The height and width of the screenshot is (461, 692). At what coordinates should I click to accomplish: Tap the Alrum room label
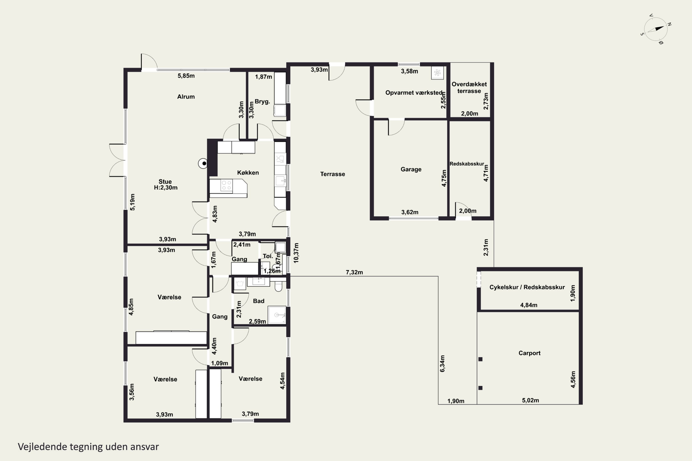click(186, 97)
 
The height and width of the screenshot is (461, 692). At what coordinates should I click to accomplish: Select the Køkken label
click(248, 173)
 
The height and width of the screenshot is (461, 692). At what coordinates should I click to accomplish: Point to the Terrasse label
click(332, 174)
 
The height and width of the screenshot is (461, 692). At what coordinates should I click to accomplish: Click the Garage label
click(411, 169)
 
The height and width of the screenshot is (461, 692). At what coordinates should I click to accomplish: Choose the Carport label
click(529, 353)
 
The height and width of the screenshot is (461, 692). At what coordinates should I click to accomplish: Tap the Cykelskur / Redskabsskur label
click(527, 287)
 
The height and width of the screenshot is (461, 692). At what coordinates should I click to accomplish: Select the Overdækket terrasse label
click(469, 88)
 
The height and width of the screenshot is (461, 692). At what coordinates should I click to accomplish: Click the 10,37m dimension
click(296, 253)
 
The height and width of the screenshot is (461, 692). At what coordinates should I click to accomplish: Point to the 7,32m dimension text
click(354, 272)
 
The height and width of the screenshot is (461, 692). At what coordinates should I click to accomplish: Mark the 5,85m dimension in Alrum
click(186, 76)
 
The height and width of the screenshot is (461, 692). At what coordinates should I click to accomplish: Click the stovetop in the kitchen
click(227, 186)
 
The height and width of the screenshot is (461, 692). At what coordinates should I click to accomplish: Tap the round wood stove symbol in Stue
click(203, 163)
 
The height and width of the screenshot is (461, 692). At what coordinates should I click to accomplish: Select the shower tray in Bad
click(277, 315)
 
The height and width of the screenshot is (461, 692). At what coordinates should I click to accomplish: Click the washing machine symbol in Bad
click(240, 284)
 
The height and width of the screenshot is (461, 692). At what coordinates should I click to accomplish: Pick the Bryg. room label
click(262, 102)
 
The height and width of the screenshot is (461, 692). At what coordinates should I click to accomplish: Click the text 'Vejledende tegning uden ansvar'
click(88, 447)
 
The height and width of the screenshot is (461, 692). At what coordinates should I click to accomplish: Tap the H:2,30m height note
click(166, 188)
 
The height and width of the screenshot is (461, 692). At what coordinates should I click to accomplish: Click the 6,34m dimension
click(442, 364)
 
